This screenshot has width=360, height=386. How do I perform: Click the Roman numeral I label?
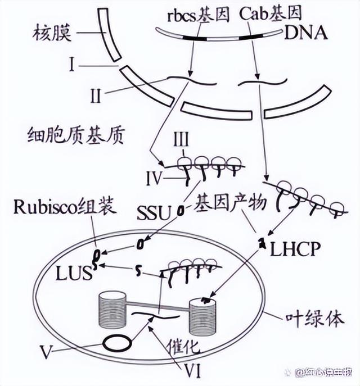(72, 66)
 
